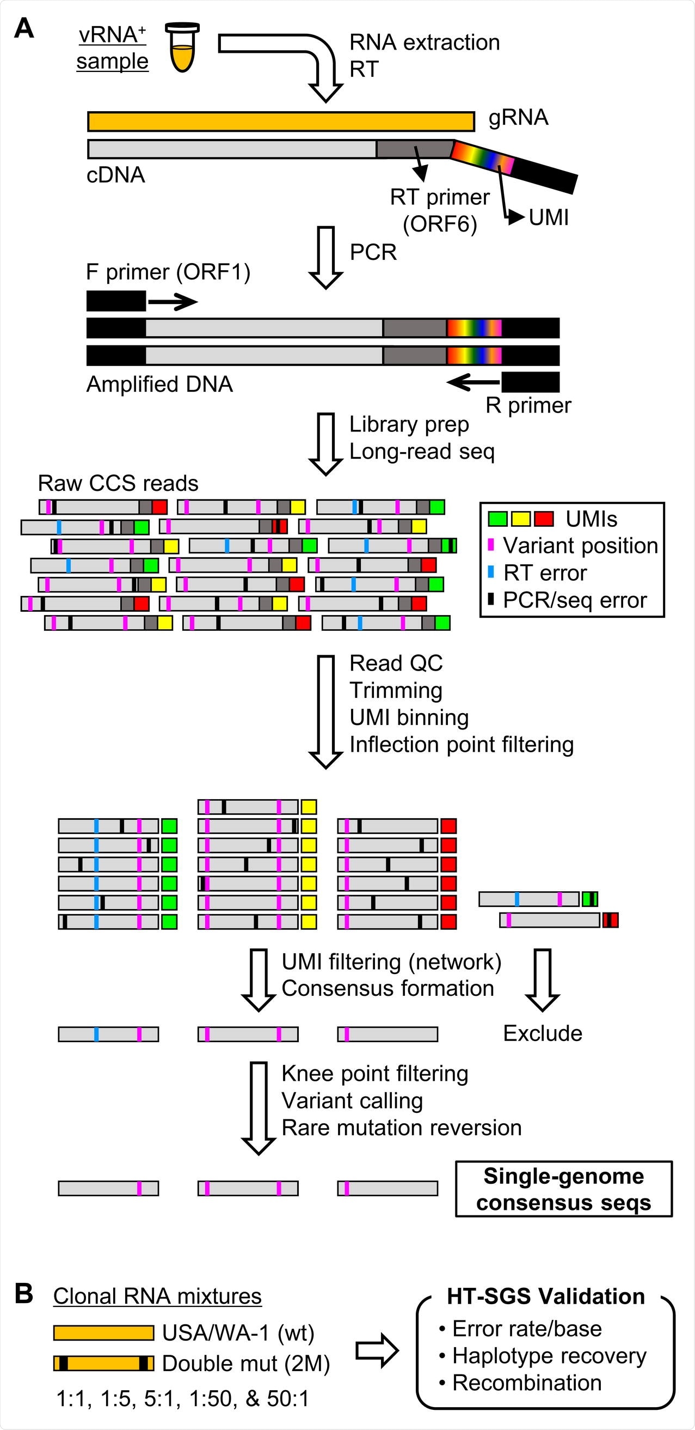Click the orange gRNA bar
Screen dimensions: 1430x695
tap(281, 121)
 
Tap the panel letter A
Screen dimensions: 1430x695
tap(24, 28)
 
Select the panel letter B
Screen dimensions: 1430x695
tap(24, 1293)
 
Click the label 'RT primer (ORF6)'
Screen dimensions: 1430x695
tap(439, 210)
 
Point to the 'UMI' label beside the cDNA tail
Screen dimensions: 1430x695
tap(548, 217)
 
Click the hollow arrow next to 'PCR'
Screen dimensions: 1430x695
tap(325, 257)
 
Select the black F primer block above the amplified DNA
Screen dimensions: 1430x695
tap(116, 301)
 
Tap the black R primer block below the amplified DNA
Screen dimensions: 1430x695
tap(530, 382)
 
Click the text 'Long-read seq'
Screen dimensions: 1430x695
tap(422, 451)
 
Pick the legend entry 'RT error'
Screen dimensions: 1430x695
tap(545, 573)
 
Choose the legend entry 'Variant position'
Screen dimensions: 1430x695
tap(580, 545)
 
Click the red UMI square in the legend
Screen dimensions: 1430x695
tap(544, 519)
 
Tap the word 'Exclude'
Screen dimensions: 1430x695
tap(542, 1032)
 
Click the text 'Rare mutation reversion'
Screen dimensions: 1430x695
tap(401, 1127)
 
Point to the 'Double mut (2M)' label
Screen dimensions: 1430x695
tap(245, 1363)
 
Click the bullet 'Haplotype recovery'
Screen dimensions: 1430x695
tap(549, 1355)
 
